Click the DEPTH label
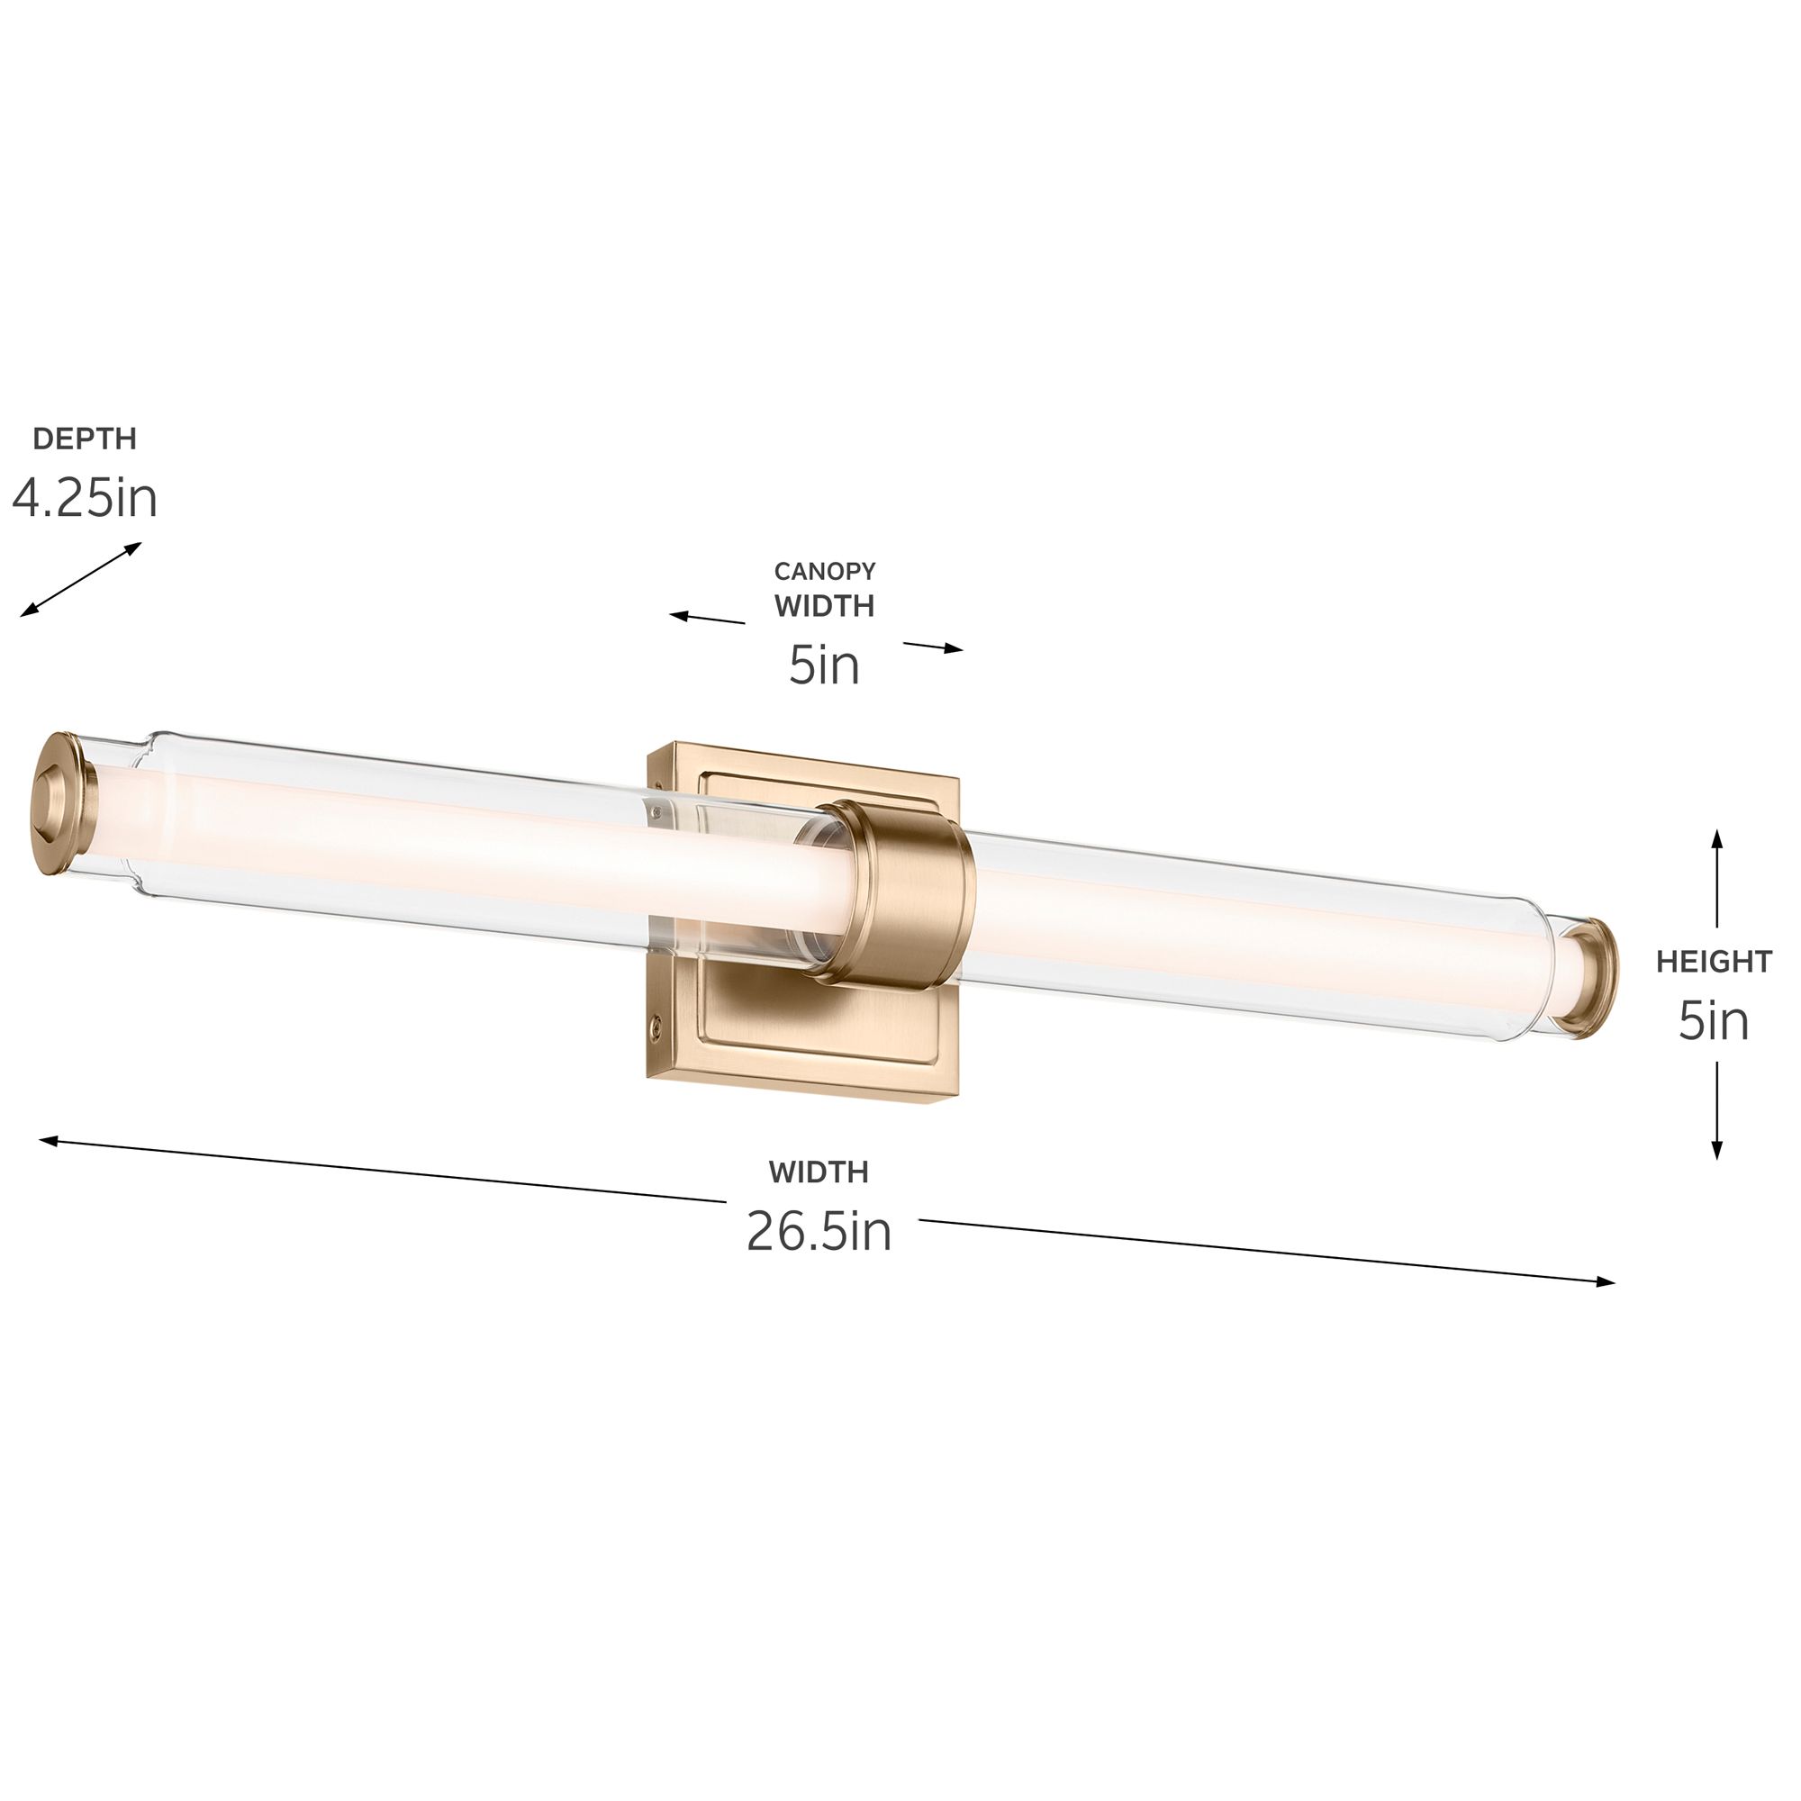[85, 439]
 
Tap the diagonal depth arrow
[81, 580]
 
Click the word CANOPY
[825, 571]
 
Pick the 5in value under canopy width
[824, 665]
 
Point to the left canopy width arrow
[707, 618]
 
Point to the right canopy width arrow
[933, 647]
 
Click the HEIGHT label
[1715, 962]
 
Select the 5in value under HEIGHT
[1714, 1022]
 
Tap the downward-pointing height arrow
[1717, 1111]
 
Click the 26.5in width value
[819, 1231]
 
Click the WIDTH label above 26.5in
[819, 1172]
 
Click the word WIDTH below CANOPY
[825, 606]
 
